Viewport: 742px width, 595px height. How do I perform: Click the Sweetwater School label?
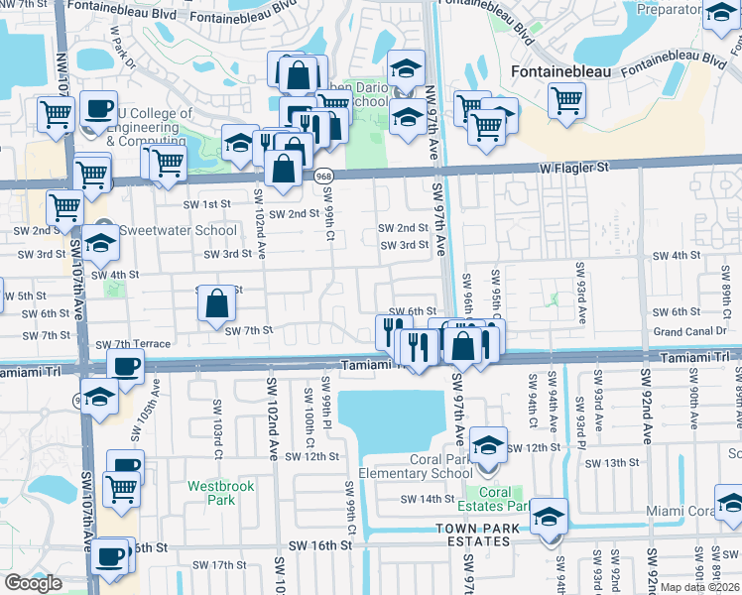(178, 230)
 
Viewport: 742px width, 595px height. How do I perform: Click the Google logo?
(33, 583)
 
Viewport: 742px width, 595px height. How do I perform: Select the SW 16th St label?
(320, 545)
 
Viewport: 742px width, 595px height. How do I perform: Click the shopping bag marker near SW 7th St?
(216, 303)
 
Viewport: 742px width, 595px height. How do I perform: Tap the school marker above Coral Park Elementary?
(488, 445)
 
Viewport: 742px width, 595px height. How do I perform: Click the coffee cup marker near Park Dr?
(97, 109)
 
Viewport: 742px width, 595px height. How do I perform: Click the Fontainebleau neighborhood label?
(561, 71)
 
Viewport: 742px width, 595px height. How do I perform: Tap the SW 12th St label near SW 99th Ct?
(312, 456)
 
